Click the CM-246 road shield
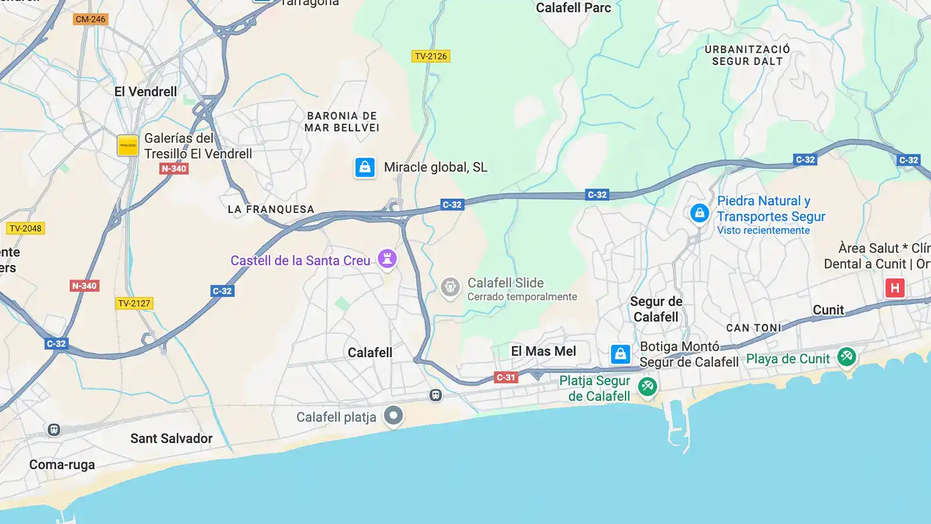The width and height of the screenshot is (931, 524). pos(91,19)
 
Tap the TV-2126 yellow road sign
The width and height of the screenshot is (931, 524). pos(431,56)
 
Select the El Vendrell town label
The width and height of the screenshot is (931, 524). pos(145,92)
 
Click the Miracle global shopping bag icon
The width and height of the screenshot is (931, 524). pos(365,167)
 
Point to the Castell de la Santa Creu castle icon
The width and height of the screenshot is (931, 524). pos(387,259)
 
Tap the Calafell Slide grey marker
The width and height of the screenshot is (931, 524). pos(450,287)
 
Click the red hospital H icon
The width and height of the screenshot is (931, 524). pos(894,288)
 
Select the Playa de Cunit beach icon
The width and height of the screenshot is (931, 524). pos(847,356)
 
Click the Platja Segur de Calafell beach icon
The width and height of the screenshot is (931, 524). pos(647,387)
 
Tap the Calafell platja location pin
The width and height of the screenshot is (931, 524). pos(393,416)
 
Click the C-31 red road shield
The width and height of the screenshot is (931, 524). pos(506,377)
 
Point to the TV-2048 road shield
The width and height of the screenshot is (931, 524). pos(26,228)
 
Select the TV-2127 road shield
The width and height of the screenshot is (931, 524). pos(134,303)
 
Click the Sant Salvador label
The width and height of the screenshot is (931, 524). pos(171,438)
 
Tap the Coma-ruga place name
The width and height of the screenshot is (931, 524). pos(62,465)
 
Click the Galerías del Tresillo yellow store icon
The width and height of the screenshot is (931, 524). pos(128,146)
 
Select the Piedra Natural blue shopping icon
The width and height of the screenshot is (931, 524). pos(699,213)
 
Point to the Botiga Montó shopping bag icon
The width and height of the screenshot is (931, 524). pos(620,354)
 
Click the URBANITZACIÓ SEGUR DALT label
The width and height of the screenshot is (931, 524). pos(747,55)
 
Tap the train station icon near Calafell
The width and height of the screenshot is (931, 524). pos(435,395)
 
